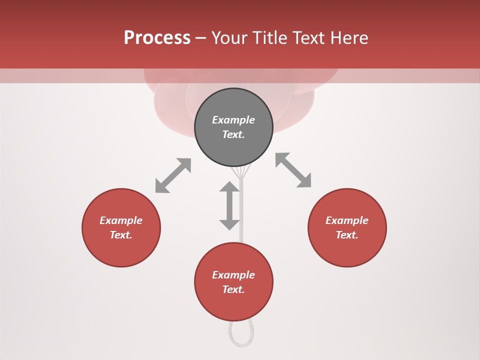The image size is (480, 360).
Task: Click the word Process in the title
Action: (x=157, y=38)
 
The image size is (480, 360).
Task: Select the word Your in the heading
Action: (x=230, y=38)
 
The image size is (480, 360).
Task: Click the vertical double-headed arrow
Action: (x=229, y=205)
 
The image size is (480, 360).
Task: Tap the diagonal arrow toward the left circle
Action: (x=173, y=175)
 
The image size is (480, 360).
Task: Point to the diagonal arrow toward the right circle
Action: (x=293, y=170)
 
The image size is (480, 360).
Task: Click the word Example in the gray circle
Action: (x=233, y=120)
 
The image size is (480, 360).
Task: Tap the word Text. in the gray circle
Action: (x=233, y=134)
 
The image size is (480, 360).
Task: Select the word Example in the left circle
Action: (x=121, y=220)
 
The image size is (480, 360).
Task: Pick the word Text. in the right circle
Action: (x=347, y=235)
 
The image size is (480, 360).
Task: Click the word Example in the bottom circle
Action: (x=233, y=275)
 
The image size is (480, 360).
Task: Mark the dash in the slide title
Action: (x=201, y=38)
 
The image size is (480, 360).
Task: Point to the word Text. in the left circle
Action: (x=121, y=235)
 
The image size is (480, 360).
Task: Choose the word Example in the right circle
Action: (x=347, y=220)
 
